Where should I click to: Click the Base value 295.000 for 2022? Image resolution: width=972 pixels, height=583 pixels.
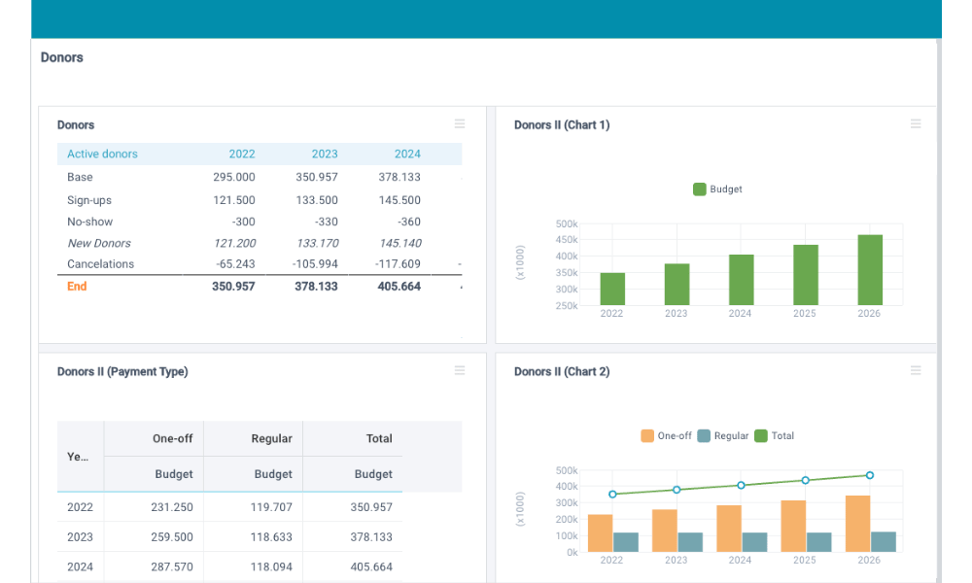[234, 177]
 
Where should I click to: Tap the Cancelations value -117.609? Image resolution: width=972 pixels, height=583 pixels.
[398, 264]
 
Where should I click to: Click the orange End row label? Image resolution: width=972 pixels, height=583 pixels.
[77, 287]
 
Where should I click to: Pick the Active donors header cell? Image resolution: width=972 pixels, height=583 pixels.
[102, 154]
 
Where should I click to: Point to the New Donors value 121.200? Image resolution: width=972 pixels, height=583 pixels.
[235, 243]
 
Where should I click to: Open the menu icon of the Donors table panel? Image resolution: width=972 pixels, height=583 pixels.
[460, 123]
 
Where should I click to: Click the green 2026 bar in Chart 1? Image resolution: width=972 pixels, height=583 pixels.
[870, 270]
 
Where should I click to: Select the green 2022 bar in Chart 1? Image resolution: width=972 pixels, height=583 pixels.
[612, 289]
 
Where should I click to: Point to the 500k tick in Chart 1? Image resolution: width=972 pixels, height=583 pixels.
[567, 223]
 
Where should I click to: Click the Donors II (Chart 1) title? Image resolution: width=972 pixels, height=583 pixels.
[562, 125]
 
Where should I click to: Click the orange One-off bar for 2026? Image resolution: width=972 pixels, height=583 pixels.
[858, 524]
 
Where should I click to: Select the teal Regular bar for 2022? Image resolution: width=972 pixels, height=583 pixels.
[626, 542]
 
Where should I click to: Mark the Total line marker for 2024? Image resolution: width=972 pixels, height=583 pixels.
[741, 485]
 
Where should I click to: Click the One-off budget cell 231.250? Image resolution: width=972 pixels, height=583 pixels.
[173, 507]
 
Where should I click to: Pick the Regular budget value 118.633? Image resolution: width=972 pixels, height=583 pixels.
[273, 537]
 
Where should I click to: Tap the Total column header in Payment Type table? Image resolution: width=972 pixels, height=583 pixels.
[379, 438]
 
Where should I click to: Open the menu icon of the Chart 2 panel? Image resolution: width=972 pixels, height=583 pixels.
[916, 370]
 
